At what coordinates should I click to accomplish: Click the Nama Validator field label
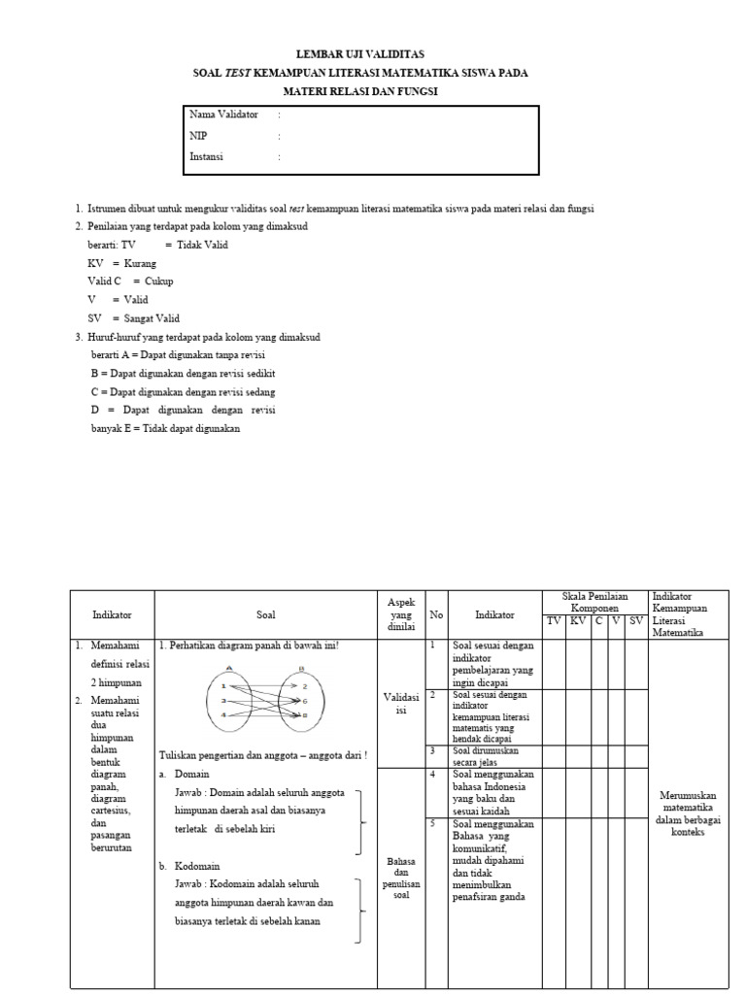click(x=223, y=115)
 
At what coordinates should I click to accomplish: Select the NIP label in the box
click(x=198, y=135)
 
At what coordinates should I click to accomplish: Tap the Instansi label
click(x=206, y=156)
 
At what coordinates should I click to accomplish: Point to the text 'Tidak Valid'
click(x=202, y=245)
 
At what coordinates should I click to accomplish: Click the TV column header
click(x=554, y=620)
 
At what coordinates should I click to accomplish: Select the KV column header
click(x=579, y=620)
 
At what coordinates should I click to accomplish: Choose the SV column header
click(x=636, y=620)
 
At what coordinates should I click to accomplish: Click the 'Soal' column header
click(x=266, y=614)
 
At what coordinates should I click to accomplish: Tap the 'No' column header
click(x=436, y=614)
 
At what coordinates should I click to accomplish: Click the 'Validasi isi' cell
click(x=401, y=704)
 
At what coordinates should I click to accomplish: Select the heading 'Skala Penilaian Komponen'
click(x=595, y=601)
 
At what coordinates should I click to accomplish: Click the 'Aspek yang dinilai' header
click(x=401, y=614)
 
